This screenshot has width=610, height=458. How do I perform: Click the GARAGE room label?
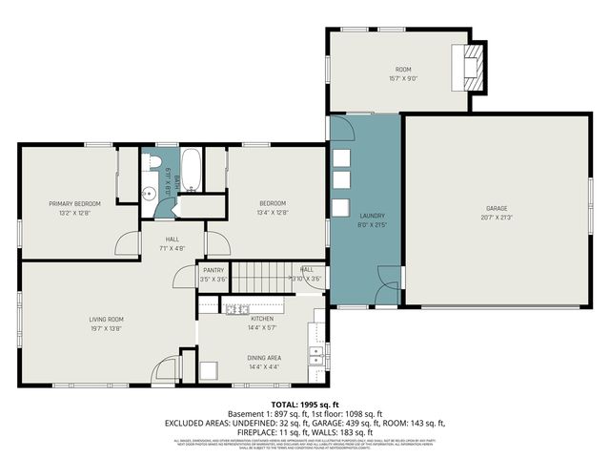tap(496, 208)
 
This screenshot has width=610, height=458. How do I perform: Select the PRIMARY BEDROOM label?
tap(75, 203)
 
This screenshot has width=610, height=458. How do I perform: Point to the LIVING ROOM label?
tap(108, 319)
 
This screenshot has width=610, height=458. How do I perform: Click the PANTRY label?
tap(213, 270)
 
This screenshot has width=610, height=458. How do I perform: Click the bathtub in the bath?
tap(191, 169)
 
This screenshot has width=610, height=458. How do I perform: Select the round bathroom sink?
tap(149, 192)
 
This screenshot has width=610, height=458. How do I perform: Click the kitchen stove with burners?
tap(234, 307)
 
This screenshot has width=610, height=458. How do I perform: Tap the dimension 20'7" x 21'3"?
tap(496, 218)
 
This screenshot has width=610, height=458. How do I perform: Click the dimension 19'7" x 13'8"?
tap(108, 328)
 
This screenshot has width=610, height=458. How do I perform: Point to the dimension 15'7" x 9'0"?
tap(403, 79)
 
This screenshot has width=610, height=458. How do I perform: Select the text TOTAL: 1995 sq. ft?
tap(305, 405)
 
